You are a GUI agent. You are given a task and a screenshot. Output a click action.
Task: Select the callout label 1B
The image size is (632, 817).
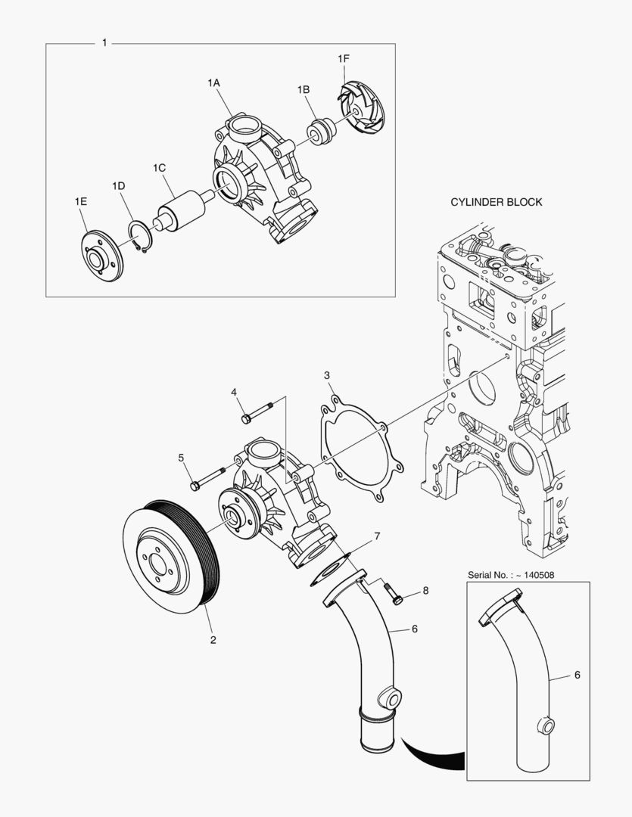304,89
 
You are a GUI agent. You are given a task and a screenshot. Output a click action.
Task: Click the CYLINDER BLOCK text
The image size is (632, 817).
496,202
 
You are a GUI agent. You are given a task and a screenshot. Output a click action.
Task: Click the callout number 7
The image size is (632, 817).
377,536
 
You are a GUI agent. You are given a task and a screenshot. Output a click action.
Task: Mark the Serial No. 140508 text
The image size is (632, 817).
511,575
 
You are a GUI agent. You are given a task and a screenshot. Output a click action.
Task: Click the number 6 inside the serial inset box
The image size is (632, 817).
577,675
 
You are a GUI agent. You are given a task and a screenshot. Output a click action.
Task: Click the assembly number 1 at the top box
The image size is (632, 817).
104,43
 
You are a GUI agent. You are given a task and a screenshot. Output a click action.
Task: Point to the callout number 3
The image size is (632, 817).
326,375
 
